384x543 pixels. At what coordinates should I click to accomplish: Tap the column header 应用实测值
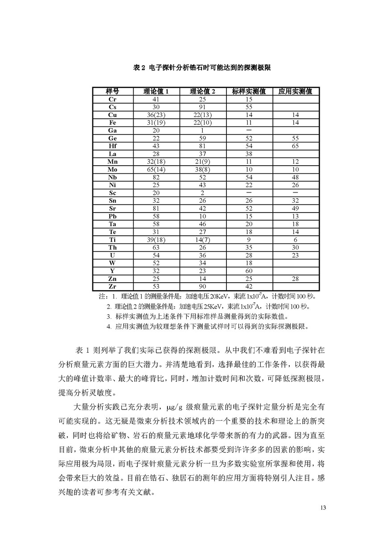(x=295, y=92)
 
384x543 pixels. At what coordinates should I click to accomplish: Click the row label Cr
(x=113, y=100)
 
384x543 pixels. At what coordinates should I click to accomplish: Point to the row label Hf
(x=113, y=146)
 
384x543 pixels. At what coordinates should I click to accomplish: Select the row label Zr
(x=113, y=286)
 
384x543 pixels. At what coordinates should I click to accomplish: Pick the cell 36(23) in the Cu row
(x=156, y=115)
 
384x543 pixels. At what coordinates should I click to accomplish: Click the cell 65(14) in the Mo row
(x=156, y=170)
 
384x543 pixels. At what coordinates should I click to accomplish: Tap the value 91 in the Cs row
(x=202, y=107)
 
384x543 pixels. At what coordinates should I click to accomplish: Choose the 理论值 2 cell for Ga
(x=202, y=130)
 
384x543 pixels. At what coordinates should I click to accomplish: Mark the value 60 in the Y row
(x=249, y=271)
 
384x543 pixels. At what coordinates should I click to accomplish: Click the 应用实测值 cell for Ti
(x=295, y=239)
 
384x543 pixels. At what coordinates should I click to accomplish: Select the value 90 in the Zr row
(x=202, y=286)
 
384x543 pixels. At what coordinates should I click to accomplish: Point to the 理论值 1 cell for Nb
(x=156, y=177)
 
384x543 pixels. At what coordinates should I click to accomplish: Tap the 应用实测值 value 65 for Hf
(x=295, y=146)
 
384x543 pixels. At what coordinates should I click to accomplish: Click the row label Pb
(x=113, y=216)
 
